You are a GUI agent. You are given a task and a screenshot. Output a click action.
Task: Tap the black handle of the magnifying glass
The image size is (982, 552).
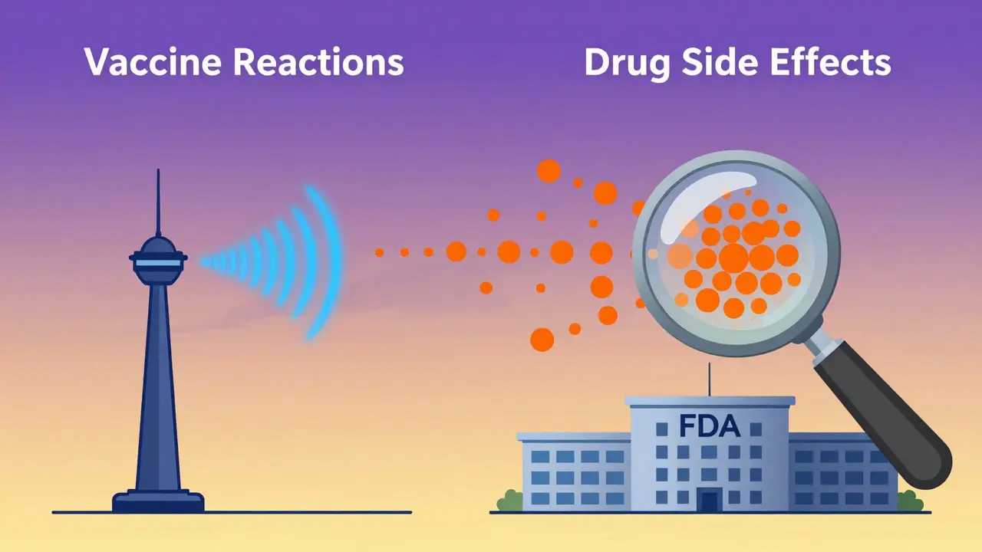(x=882, y=414)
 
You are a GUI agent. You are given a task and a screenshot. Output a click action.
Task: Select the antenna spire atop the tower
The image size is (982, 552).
(x=158, y=199)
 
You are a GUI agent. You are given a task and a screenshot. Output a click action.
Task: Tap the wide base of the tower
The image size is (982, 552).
(x=158, y=502)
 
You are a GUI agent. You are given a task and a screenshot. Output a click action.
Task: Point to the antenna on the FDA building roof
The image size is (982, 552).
(x=710, y=387)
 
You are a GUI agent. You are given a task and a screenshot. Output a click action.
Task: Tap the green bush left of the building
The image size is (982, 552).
(x=509, y=501)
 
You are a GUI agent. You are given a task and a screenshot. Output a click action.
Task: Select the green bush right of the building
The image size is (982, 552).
(x=910, y=501)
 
